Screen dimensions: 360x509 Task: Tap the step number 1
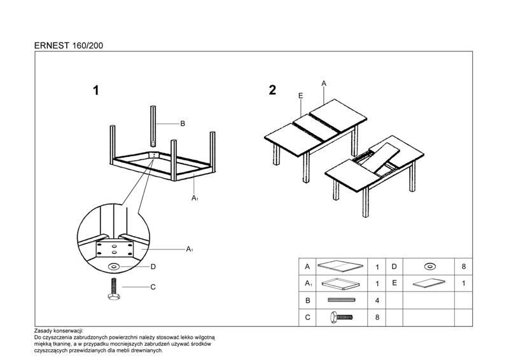(96, 90)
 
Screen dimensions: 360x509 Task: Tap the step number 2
(272, 90)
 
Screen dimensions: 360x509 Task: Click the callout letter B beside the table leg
(183, 123)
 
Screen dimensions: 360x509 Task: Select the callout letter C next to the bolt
(153, 287)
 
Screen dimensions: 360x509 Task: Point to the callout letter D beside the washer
(153, 267)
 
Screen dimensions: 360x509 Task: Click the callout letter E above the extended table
(300, 95)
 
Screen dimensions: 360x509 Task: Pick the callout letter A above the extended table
(324, 83)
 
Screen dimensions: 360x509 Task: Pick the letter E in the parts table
(394, 283)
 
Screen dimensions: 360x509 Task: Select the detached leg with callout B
(153, 126)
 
